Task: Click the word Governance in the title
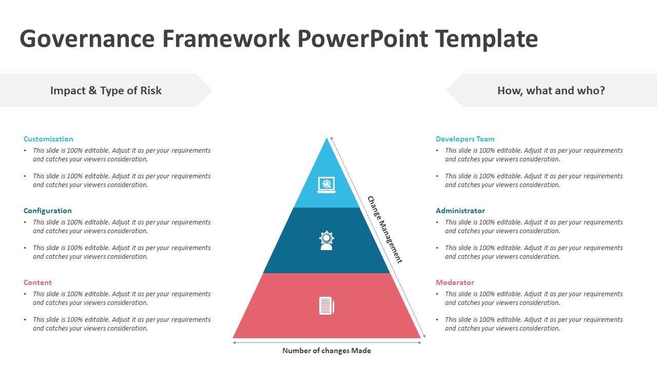(x=87, y=39)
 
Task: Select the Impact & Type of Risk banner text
(x=106, y=91)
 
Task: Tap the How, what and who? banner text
(x=551, y=91)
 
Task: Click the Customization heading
(x=48, y=139)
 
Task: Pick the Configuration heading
(x=47, y=211)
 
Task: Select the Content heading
(x=37, y=282)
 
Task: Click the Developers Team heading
(x=465, y=139)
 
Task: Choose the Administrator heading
(x=460, y=211)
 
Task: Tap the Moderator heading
(x=455, y=282)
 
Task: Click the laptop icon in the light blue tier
(x=326, y=184)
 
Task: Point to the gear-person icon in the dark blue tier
(x=326, y=240)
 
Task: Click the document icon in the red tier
(x=326, y=306)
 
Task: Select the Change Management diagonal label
(x=384, y=230)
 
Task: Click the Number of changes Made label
(x=326, y=351)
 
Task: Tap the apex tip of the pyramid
(x=326, y=139)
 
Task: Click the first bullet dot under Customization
(x=26, y=151)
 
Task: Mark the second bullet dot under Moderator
(x=438, y=320)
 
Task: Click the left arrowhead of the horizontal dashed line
(x=235, y=343)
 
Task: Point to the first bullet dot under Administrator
(x=438, y=222)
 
